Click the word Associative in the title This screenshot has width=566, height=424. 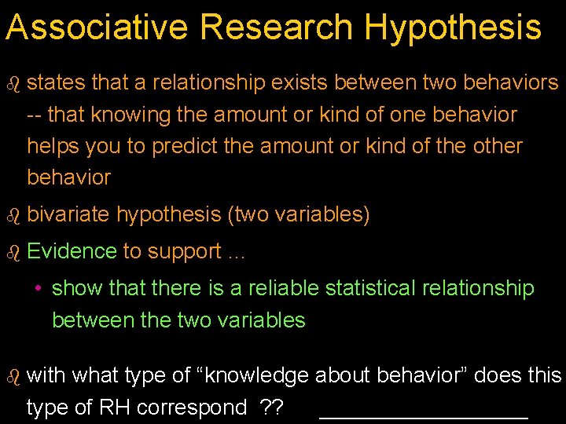[x=97, y=27]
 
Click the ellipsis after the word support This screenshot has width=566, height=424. [x=237, y=254]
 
